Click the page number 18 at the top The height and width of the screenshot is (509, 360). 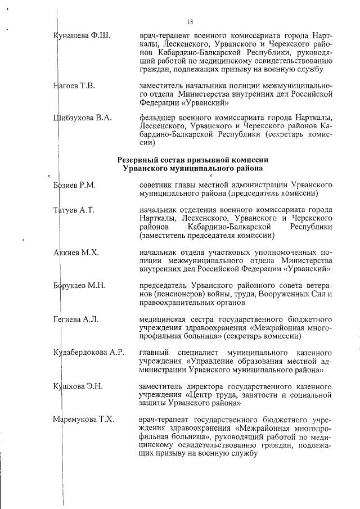191,22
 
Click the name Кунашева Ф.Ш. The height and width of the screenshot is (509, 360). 82,36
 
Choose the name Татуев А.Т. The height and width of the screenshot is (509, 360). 73,210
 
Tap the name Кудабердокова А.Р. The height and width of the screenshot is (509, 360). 88,353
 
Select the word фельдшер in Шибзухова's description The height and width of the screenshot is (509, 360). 160,118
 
